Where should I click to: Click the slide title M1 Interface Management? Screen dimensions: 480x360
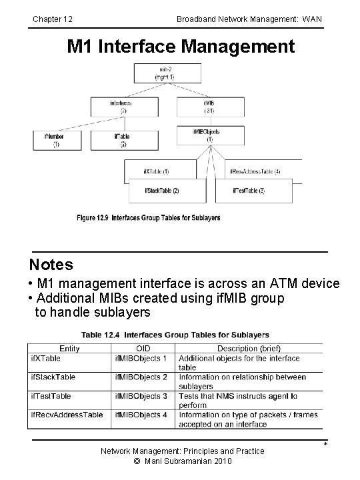(180, 47)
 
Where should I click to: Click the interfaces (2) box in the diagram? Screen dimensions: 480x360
(121, 107)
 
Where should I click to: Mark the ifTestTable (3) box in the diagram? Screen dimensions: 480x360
(257, 191)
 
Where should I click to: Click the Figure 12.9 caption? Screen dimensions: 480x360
(148, 217)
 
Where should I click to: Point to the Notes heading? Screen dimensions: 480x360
(51, 265)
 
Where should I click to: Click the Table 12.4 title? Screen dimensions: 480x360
(175, 334)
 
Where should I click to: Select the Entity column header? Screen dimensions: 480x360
(69, 348)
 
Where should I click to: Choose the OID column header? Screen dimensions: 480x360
(143, 348)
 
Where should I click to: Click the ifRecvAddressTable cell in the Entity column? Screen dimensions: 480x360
(67, 415)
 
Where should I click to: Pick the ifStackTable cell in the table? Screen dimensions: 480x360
(54, 377)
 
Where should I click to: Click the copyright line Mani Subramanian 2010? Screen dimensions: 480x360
(181, 461)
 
